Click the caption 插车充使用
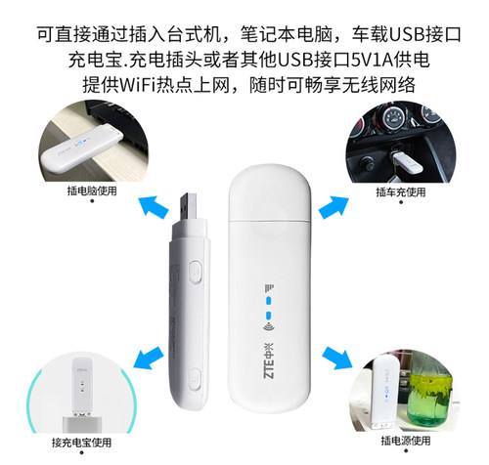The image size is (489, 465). click(401, 191)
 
